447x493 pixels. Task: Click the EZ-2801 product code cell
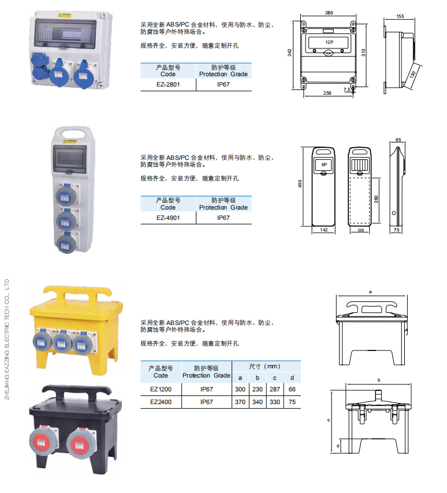click(x=168, y=85)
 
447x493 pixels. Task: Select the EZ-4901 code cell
click(x=168, y=218)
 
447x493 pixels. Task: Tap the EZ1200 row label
click(x=161, y=389)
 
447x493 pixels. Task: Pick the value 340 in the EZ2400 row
click(x=258, y=402)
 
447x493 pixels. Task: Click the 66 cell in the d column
click(x=292, y=389)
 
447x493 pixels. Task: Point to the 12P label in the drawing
click(x=329, y=42)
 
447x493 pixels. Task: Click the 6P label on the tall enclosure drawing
click(x=324, y=165)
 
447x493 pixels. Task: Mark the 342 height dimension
click(x=289, y=53)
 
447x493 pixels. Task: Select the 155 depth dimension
click(x=400, y=16)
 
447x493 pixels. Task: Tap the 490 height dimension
click(x=300, y=184)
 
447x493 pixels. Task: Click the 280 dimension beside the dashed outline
click(x=376, y=199)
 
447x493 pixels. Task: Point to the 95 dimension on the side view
click(x=398, y=140)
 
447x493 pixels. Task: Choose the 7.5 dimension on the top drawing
click(x=347, y=89)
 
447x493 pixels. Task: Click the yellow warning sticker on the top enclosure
click(x=65, y=15)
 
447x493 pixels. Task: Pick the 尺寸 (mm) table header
click(x=265, y=367)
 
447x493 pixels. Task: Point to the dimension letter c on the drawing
click(x=329, y=420)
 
